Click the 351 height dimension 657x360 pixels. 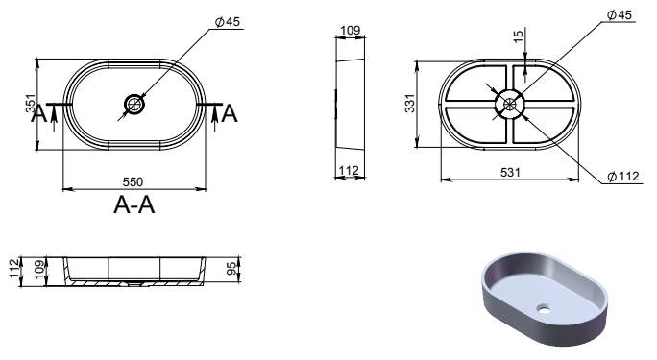pos(30,104)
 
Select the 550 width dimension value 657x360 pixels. pos(133,182)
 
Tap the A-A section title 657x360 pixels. pos(134,205)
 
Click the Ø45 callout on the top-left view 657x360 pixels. pos(228,22)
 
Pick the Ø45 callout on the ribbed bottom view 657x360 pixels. pos(620,15)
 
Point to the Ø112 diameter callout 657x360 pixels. pos(623,177)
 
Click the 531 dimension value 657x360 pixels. pos(510,172)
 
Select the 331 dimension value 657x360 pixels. pos(410,104)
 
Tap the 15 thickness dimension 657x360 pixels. pos(519,36)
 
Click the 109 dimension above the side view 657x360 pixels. pos(350,30)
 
